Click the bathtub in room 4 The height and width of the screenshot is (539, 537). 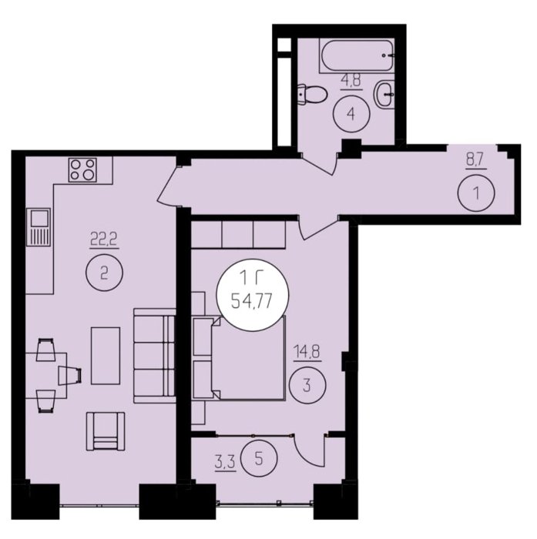(357, 55)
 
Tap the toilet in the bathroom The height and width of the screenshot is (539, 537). (312, 94)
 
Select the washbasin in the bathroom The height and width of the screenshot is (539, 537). (385, 93)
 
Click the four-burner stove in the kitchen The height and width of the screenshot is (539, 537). (82, 170)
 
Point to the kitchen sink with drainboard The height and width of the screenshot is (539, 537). (39, 227)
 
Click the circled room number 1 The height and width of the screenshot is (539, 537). (476, 193)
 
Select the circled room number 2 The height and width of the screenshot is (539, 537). (104, 273)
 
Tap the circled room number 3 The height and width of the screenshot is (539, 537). (307, 385)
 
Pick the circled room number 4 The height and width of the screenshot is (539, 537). (351, 114)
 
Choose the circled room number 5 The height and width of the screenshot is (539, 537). (259, 459)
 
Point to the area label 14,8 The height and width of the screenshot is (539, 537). (307, 352)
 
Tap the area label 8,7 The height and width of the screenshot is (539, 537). (476, 161)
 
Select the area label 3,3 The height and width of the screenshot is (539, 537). (225, 463)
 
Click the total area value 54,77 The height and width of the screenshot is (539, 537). (252, 302)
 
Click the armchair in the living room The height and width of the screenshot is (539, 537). (106, 431)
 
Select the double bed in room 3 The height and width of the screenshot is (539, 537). (248, 359)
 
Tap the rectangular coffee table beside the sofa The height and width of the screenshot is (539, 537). (106, 356)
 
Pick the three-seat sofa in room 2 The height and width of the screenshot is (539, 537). (154, 356)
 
